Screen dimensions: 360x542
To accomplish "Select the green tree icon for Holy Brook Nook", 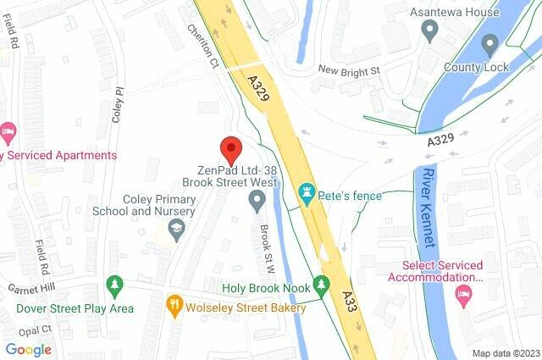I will [x=319, y=284].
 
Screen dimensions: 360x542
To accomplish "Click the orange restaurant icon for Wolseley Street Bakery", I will [x=175, y=302].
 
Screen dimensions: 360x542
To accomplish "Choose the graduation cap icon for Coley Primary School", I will [x=176, y=229].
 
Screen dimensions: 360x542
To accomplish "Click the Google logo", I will [x=28, y=349].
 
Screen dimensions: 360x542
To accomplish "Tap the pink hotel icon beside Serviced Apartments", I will [x=8, y=131].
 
